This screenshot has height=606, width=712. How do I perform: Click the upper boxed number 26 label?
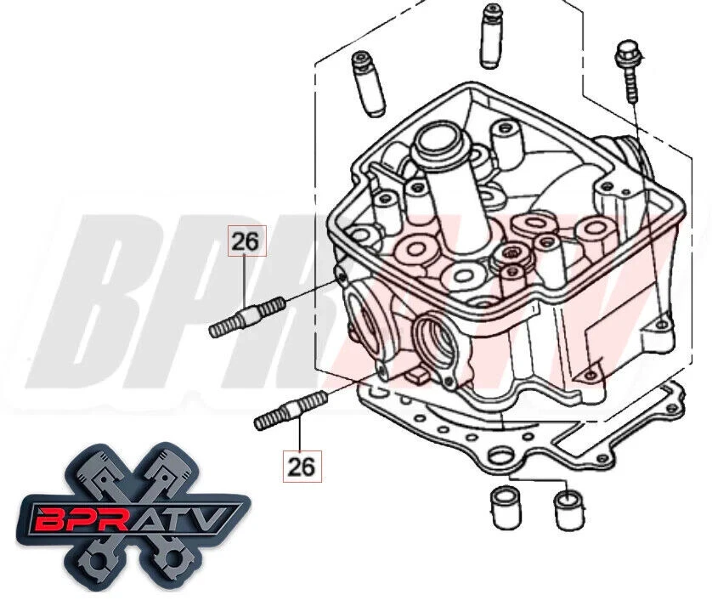pyautogui.click(x=245, y=242)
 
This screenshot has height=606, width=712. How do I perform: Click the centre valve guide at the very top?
pyautogui.click(x=490, y=35)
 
